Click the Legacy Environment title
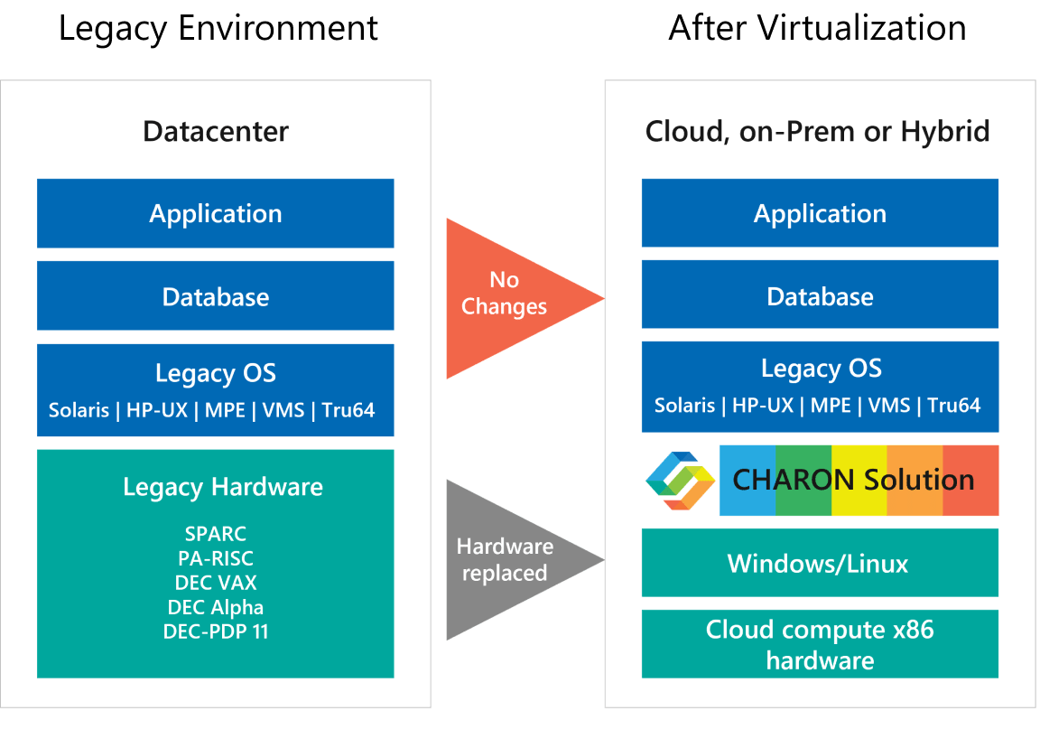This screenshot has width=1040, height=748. coord(218,28)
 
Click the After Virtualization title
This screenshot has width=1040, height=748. coord(817,28)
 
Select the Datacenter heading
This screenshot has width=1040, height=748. coord(216,132)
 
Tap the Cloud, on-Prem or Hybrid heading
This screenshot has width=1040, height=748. coord(817,132)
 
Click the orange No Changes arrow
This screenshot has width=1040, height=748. coord(506,295)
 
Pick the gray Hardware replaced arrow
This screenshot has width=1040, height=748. coord(506,559)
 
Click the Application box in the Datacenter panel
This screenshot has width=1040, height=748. coord(216,213)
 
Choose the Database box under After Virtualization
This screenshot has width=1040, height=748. coord(820,296)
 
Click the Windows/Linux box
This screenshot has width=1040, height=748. coord(820,564)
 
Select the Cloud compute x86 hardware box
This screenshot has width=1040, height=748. coord(820,644)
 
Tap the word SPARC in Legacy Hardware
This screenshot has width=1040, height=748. coord(216,534)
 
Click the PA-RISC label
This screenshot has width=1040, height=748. coord(216,558)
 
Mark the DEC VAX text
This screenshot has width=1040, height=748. coord(216,583)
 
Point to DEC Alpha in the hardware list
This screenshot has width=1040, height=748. coord(216,607)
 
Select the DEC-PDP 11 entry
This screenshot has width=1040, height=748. coord(216,631)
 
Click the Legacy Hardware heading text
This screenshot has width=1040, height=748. coord(223,487)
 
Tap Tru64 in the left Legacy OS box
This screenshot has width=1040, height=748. coord(348,410)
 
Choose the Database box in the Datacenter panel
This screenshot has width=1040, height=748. coord(216,296)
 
